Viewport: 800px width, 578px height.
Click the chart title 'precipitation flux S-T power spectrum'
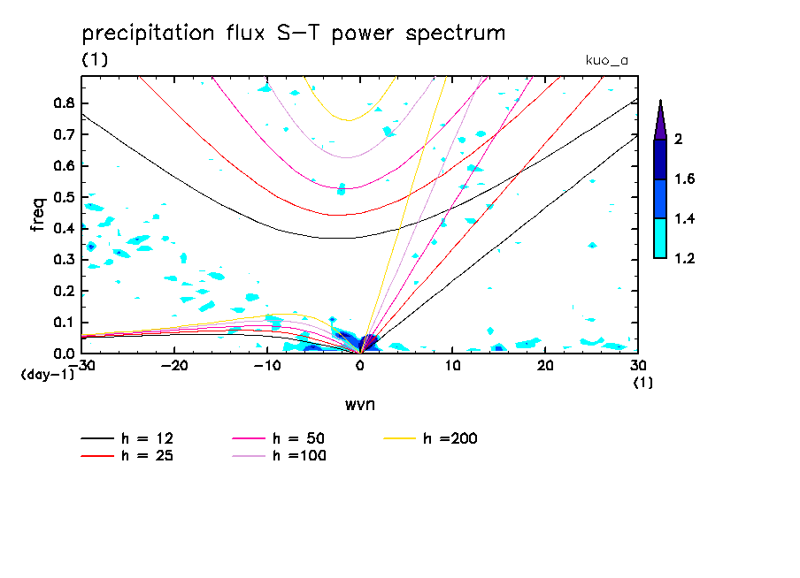[294, 34]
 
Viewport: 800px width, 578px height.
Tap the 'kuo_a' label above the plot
[606, 60]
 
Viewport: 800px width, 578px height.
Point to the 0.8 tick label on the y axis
[63, 103]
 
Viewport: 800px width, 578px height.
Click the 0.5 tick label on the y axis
[63, 197]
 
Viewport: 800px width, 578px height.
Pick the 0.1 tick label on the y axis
[63, 323]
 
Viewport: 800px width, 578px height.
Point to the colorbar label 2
[680, 140]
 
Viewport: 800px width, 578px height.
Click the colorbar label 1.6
[685, 179]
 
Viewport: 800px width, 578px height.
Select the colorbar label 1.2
[685, 259]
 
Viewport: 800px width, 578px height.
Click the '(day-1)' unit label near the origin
[47, 375]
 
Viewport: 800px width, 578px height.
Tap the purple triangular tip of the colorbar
[659, 120]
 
